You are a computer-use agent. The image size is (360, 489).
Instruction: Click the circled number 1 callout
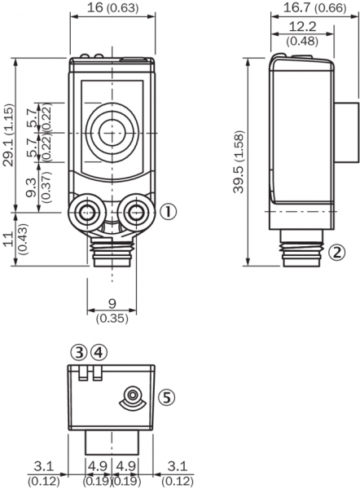pyautogui.click(x=168, y=212)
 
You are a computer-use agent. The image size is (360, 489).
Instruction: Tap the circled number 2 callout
pyautogui.click(x=337, y=253)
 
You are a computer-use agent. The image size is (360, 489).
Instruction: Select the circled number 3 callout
pyautogui.click(x=79, y=353)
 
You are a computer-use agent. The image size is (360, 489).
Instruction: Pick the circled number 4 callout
pyautogui.click(x=99, y=353)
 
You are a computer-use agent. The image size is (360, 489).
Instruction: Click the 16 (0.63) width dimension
pyautogui.click(x=112, y=7)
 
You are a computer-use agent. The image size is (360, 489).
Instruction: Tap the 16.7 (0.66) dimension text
pyautogui.click(x=314, y=7)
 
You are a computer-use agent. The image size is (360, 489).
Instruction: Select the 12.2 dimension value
pyautogui.click(x=302, y=27)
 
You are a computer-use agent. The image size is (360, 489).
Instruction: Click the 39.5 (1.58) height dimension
pyautogui.click(x=239, y=162)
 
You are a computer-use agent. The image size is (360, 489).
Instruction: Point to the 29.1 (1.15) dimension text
pyautogui.click(x=8, y=135)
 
